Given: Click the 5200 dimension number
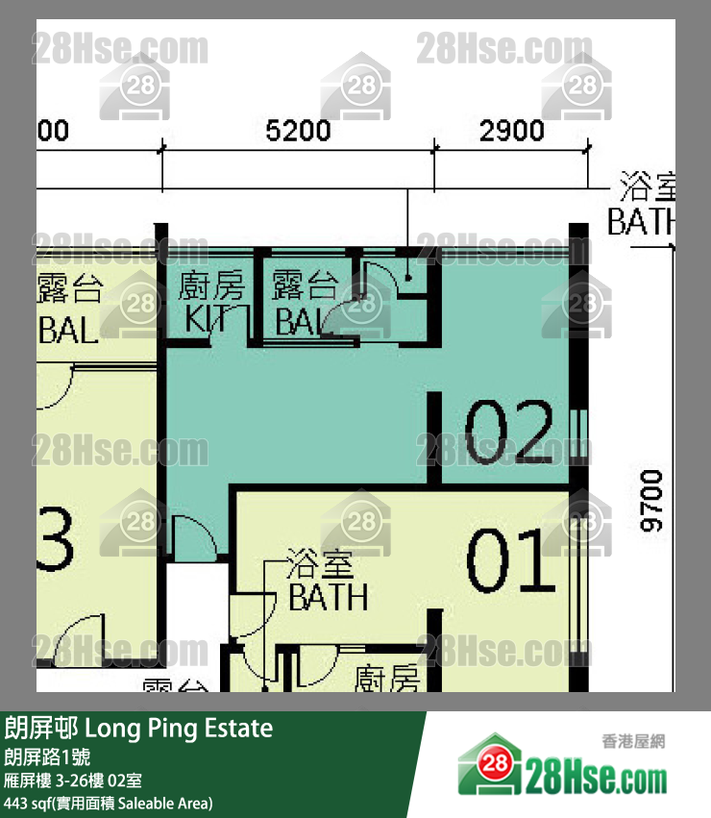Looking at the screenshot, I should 298,131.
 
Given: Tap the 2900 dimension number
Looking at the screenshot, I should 512,131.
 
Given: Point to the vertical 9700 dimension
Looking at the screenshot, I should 652,500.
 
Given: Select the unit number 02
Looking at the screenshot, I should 509,431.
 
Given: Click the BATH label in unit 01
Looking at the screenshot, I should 328,597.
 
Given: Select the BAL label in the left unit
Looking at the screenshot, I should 67,332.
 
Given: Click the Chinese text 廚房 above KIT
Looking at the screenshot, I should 211,286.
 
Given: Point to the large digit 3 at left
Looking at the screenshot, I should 55,544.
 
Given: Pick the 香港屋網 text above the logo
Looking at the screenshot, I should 633,741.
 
